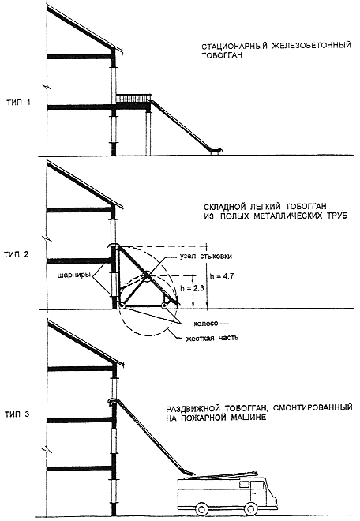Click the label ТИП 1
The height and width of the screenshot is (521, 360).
19,103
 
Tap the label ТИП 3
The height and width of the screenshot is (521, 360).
17,414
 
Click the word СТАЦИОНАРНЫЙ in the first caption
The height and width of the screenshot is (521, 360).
235,47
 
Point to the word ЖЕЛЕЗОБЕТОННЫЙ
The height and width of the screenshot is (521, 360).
312,46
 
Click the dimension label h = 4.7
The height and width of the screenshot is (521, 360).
222,275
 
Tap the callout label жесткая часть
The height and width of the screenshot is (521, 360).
212,338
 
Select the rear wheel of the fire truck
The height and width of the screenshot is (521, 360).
202,508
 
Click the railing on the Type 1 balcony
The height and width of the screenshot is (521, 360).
133,97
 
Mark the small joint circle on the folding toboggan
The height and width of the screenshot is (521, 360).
147,275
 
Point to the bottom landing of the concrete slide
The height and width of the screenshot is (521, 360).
216,150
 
